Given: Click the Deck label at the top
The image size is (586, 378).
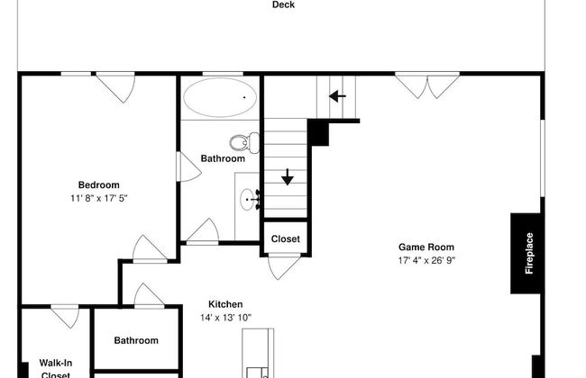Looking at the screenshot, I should [283, 4].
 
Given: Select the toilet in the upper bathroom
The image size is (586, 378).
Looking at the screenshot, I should [243, 141].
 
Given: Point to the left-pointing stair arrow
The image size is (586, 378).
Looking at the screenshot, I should [338, 95].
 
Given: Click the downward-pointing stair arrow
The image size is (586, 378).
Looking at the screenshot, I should [288, 176].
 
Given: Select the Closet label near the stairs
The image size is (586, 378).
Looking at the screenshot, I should [286, 239].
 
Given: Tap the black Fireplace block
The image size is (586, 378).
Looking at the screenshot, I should [529, 253].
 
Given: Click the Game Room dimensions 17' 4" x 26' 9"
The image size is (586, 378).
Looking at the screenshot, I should [426, 260].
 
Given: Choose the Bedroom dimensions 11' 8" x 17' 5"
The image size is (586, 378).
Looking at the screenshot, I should [105, 198].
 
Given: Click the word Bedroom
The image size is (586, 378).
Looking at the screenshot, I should [98, 184].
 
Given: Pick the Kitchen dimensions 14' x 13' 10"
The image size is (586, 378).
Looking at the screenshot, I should [225, 318].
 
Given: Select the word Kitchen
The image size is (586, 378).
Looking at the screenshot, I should [225, 304].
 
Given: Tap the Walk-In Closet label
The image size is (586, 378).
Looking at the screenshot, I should [55, 368].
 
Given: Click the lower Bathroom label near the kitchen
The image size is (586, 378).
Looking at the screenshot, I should [136, 340].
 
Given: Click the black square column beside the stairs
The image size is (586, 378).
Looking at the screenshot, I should [317, 132].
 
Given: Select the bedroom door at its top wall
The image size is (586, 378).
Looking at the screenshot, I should [115, 85].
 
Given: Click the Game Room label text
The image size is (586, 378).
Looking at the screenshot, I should [426, 247].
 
